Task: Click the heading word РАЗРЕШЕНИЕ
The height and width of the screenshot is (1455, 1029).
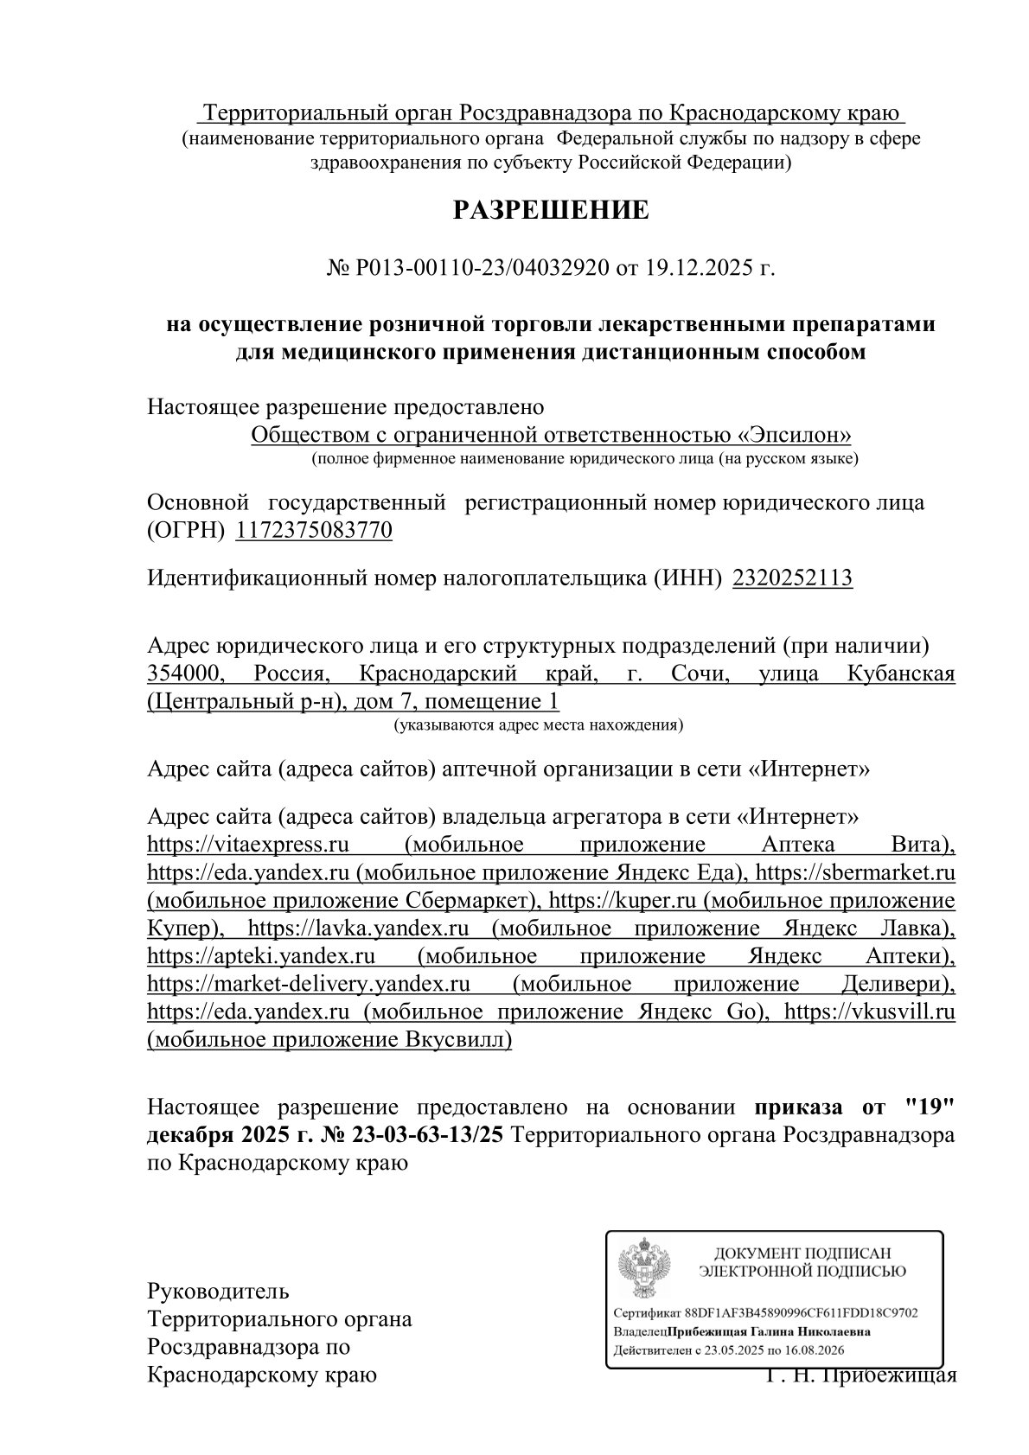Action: click(x=551, y=210)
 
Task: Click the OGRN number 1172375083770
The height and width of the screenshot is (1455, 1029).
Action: click(x=314, y=530)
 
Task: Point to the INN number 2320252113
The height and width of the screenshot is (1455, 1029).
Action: click(x=792, y=578)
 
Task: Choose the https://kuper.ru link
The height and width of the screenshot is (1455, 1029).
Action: click(x=622, y=900)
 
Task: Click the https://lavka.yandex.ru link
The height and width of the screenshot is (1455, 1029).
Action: click(x=358, y=929)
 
